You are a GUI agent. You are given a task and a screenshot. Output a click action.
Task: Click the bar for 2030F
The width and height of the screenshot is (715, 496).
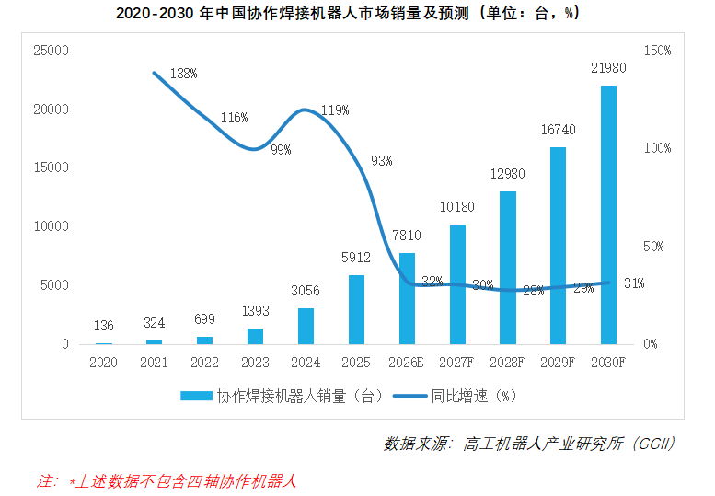pyautogui.click(x=608, y=214)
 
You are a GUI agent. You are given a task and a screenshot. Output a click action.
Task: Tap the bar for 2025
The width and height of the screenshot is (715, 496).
pyautogui.click(x=356, y=309)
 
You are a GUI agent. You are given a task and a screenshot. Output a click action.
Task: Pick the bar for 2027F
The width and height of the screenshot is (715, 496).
pyautogui.click(x=457, y=284)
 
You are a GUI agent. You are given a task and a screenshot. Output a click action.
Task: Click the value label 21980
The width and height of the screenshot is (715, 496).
pyautogui.click(x=608, y=69)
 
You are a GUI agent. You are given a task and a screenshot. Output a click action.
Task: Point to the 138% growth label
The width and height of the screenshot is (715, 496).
pyautogui.click(x=183, y=73)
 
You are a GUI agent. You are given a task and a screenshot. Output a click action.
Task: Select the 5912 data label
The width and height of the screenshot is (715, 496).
pyautogui.click(x=356, y=259)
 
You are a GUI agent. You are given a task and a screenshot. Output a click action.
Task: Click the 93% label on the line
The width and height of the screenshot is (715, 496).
pyautogui.click(x=381, y=160)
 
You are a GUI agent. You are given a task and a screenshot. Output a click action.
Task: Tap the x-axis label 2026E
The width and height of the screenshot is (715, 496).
pyautogui.click(x=407, y=363)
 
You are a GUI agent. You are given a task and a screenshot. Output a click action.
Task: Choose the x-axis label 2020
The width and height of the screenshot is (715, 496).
pyautogui.click(x=104, y=363)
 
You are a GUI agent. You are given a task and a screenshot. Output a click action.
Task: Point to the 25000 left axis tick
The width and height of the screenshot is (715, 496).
pyautogui.click(x=52, y=50)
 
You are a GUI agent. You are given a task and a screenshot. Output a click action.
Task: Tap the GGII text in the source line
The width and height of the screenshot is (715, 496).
pyautogui.click(x=653, y=444)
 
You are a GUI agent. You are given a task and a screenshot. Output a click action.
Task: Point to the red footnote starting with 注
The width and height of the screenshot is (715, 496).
pyautogui.click(x=166, y=480)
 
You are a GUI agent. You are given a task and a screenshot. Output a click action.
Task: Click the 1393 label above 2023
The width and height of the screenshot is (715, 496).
pyautogui.click(x=255, y=312)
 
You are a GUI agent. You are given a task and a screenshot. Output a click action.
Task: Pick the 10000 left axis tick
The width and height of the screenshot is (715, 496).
pyautogui.click(x=52, y=226)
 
